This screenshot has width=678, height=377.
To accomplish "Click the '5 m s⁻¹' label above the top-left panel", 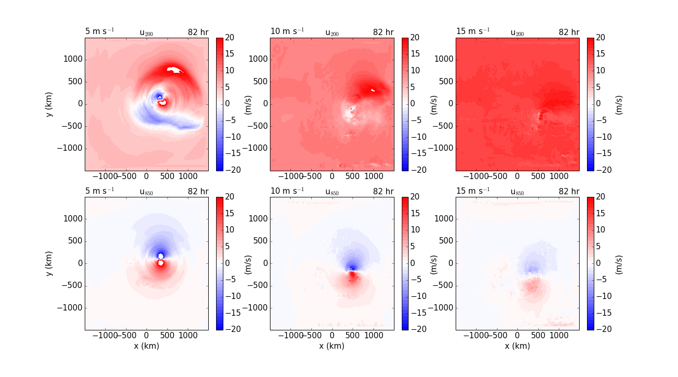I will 99,31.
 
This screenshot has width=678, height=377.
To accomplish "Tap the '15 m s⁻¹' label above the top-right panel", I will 473,31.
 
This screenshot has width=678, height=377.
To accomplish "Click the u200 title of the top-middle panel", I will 332,32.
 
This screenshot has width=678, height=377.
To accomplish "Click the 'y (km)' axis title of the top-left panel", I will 50,104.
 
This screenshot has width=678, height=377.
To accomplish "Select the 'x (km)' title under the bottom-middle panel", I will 332,346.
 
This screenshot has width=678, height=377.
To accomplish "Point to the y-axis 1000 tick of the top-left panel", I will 74,59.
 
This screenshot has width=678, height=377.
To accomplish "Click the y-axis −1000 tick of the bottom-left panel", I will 71,307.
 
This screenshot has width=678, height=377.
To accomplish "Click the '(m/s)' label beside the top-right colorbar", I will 619,104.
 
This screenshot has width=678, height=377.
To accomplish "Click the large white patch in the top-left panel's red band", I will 174,70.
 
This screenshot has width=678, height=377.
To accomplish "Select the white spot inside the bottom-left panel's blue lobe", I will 161,256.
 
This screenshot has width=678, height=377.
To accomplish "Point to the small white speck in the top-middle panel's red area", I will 373,91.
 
